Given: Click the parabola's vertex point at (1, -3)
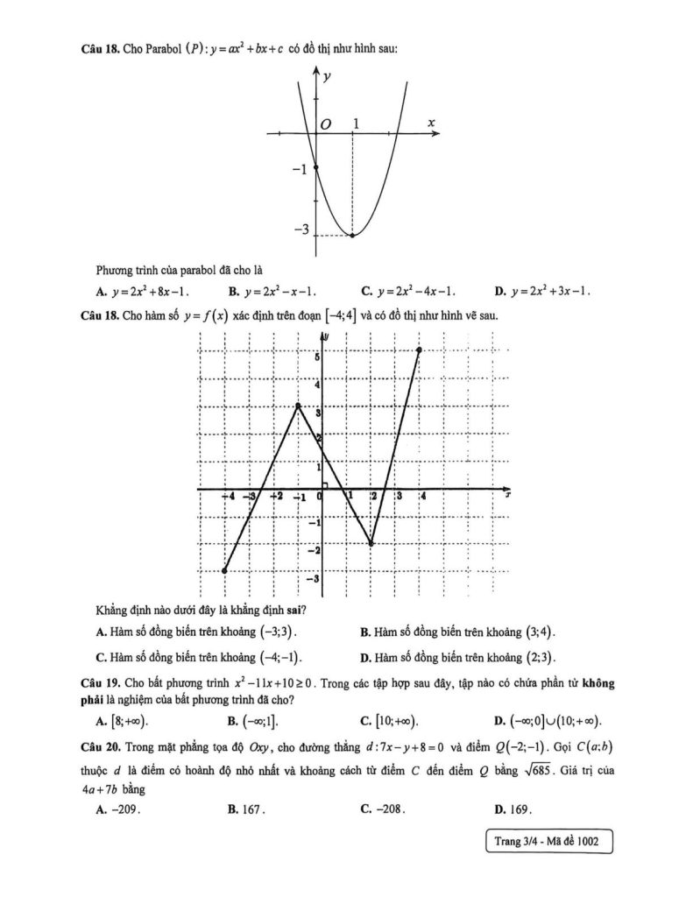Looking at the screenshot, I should pos(353,235).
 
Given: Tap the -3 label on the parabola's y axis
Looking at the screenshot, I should pos(301,230).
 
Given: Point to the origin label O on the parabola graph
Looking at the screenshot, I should pos(325,125).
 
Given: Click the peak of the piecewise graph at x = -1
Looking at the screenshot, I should pos(299,406).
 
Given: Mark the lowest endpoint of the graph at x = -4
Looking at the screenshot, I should pos(225,570).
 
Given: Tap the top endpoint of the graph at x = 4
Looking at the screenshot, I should pos(420,350).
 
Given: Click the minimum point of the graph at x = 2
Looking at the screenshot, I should pos(371,544).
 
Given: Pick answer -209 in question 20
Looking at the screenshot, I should pos(119,809).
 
